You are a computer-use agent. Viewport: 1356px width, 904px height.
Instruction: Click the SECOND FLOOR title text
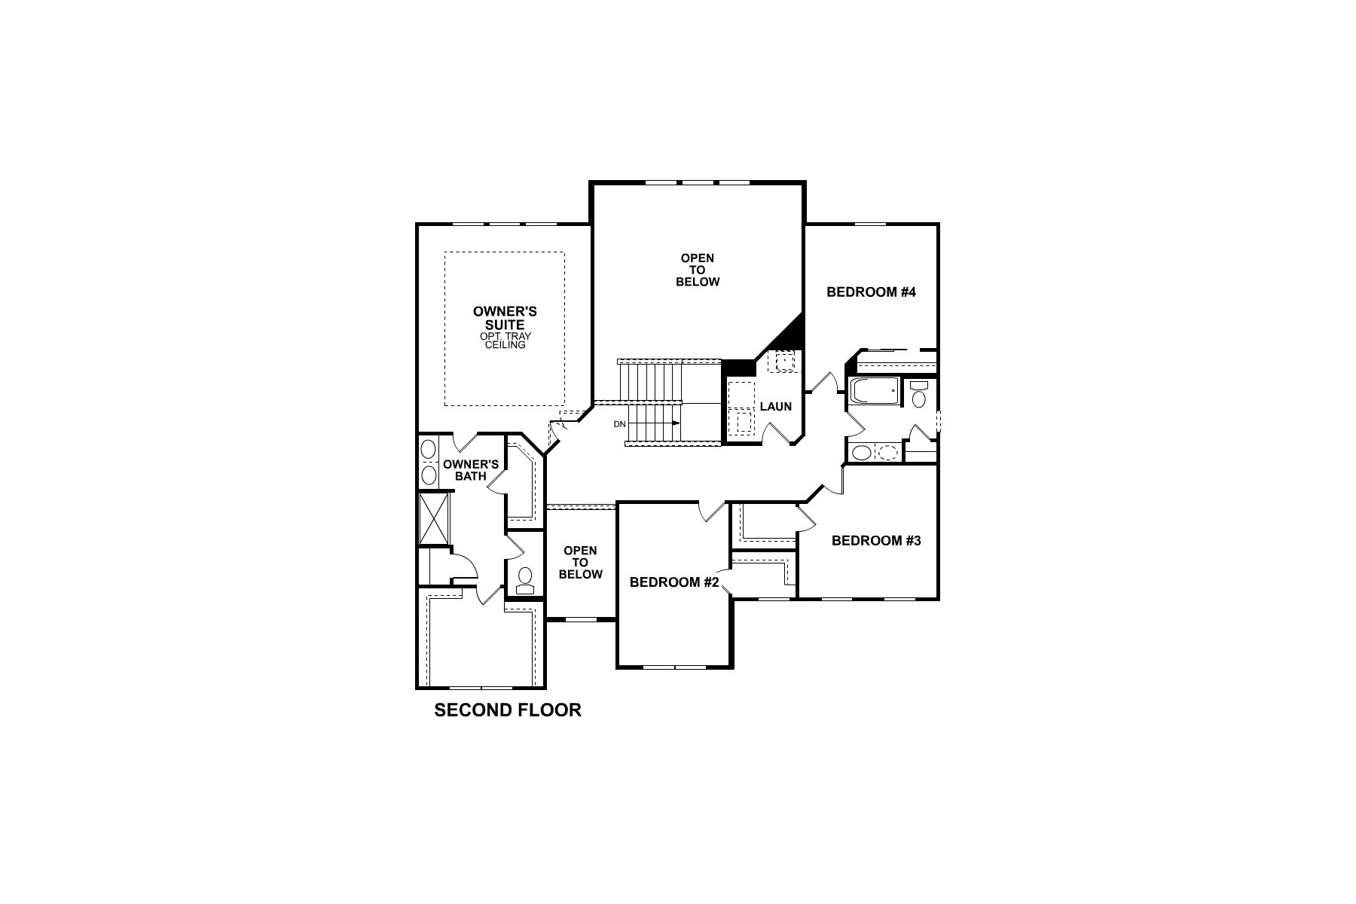pos(508,710)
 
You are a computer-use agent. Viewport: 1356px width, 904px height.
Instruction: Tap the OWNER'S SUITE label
pos(505,318)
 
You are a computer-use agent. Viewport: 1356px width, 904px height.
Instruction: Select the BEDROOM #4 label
pos(871,292)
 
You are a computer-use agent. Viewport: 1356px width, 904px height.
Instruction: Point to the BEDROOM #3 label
pos(876,541)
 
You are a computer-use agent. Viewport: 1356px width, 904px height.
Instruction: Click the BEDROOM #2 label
pos(676,582)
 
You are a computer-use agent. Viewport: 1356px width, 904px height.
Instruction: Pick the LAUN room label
pos(775,407)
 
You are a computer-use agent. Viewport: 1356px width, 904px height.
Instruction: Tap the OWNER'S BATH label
pos(471,470)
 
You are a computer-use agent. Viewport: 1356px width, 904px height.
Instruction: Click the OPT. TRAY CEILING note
pos(505,341)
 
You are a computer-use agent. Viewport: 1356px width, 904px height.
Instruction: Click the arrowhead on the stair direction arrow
pos(677,423)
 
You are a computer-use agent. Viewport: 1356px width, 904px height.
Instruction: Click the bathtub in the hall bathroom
pos(874,392)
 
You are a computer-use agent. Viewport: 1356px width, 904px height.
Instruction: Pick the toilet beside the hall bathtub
pos(918,395)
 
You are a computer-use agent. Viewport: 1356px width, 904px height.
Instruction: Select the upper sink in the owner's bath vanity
pos(428,450)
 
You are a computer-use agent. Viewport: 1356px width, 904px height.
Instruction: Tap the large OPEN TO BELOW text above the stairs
pos(698,270)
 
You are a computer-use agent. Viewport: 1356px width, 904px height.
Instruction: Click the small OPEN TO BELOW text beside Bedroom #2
pos(580,563)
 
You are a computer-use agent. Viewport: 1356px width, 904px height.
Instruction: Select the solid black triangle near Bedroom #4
pos(792,334)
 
